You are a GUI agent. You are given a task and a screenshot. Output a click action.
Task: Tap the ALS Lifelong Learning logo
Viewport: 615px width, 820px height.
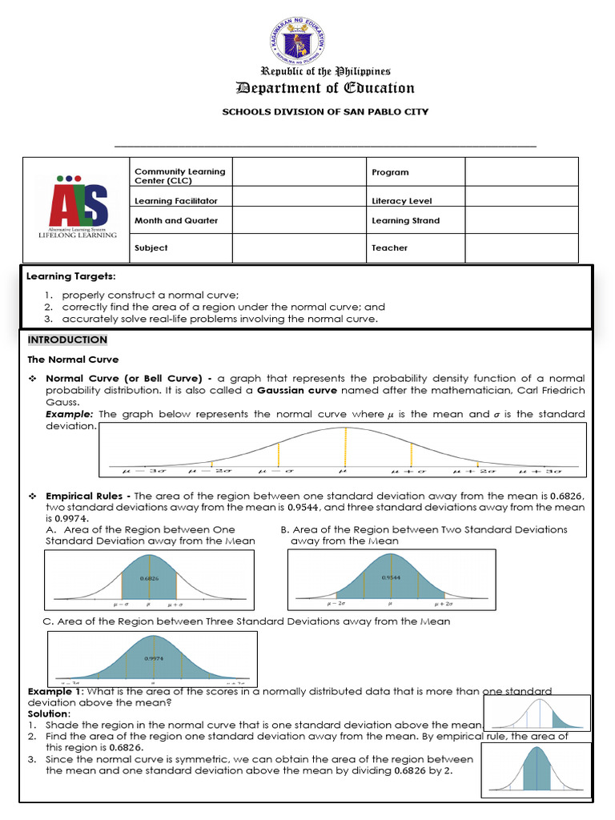coord(77,206)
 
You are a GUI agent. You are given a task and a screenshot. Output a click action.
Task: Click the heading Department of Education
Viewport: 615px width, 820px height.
coord(324,88)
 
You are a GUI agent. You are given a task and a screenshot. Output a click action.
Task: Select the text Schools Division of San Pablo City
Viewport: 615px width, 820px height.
coord(324,112)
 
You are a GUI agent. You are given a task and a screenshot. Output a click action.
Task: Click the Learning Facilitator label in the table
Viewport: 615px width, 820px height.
coord(175,201)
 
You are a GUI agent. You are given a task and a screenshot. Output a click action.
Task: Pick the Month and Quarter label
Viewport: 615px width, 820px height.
coord(175,220)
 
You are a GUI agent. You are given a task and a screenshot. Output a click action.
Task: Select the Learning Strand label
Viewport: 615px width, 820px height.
coord(405,220)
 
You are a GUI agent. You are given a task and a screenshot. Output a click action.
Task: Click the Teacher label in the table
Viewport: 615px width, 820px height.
coord(389,247)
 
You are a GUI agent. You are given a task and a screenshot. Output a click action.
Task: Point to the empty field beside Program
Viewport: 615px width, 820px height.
coord(521,171)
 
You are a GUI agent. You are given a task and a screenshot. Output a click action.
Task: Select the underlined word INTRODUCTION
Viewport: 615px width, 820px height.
coord(67,340)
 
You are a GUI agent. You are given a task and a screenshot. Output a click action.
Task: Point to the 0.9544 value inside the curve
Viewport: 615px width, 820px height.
coord(391,577)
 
